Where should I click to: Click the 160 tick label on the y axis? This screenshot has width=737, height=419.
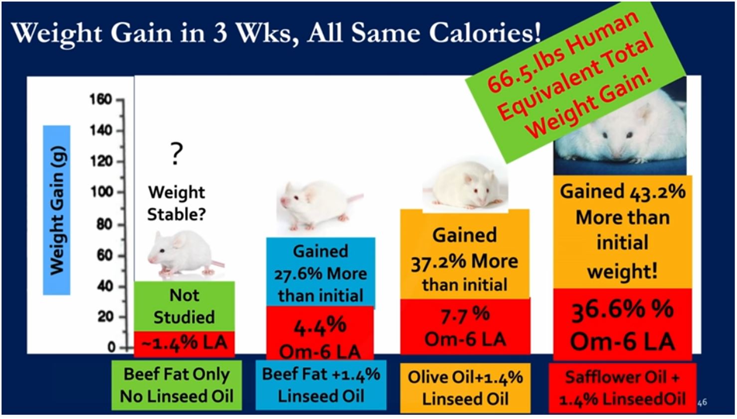101,99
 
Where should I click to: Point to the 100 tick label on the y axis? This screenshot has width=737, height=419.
101,192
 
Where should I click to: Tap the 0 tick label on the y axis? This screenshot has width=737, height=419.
112,347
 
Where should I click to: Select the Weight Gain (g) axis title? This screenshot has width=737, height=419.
57,210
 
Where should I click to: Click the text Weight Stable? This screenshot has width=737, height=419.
177,204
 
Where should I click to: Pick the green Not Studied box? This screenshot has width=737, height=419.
184,306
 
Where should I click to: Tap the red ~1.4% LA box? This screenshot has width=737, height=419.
184,343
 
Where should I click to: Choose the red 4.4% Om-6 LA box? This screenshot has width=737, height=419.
320,333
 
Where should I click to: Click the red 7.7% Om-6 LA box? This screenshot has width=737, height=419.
465,327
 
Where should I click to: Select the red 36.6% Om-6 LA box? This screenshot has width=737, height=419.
622,324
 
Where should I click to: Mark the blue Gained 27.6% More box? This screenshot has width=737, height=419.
320,273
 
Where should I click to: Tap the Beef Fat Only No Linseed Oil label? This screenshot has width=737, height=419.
177,386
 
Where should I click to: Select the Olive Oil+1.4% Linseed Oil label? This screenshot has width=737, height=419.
465,388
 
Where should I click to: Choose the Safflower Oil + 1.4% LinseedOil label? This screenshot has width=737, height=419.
622,388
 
